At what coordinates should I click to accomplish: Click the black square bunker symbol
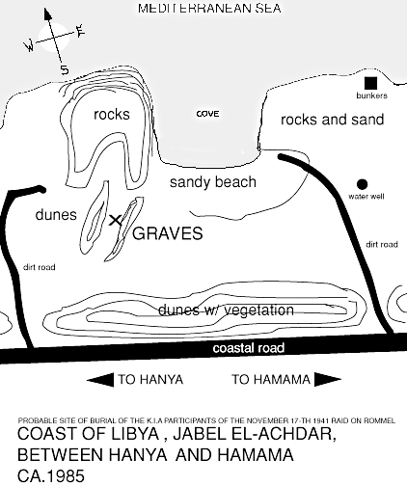tap(370, 83)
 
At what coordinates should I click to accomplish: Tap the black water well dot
tap(362, 184)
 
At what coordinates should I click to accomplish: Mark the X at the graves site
tap(116, 221)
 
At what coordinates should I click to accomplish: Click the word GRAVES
tap(168, 233)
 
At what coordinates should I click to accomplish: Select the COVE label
tap(207, 114)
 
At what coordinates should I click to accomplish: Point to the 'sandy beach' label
tap(213, 182)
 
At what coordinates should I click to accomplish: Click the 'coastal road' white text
tap(249, 348)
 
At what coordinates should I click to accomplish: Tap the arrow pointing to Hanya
tap(100, 380)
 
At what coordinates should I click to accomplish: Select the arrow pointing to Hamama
tap(328, 379)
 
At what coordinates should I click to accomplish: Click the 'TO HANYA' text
tap(150, 380)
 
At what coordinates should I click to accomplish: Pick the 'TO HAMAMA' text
tap(271, 380)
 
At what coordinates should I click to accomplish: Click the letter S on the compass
tap(65, 69)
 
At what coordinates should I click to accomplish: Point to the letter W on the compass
tap(30, 46)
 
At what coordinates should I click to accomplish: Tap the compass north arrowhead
tap(48, 14)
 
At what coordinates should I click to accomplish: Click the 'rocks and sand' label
tap(333, 120)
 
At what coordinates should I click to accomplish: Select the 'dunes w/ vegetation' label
tap(226, 310)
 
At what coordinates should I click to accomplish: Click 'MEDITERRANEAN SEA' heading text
tap(209, 8)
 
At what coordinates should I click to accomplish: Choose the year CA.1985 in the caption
tap(51, 475)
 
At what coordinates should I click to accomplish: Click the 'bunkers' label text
tap(371, 95)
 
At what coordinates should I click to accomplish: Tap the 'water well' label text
tap(366, 197)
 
